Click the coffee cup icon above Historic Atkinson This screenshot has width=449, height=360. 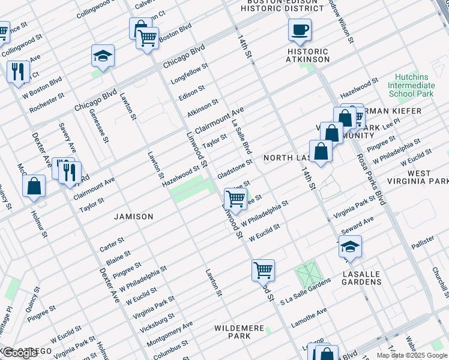(300, 29)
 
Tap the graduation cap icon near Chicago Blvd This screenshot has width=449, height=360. (103, 56)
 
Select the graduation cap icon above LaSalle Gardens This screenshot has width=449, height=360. (351, 247)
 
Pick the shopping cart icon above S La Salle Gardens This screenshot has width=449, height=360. (263, 270)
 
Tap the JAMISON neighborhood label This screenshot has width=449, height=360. (134, 216)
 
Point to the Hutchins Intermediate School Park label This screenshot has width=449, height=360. (411, 86)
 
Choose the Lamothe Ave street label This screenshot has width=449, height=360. (310, 316)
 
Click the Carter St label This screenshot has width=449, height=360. (112, 244)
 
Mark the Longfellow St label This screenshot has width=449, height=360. (189, 73)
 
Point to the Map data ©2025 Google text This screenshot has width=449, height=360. (411, 355)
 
